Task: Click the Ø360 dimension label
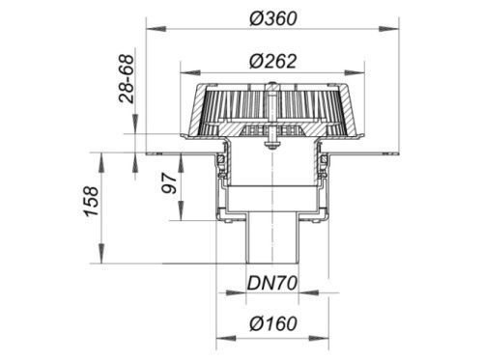pos(273,18)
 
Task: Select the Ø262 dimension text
pos(272,61)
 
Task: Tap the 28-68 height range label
pos(126,79)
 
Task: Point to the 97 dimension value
pos(169,183)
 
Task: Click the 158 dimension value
pos(91,201)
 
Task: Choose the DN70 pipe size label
pos(272,284)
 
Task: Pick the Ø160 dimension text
pos(273,323)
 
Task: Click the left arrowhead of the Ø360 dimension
pos(156,29)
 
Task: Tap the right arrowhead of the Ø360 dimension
pos(389,29)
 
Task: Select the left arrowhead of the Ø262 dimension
pos(190,72)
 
